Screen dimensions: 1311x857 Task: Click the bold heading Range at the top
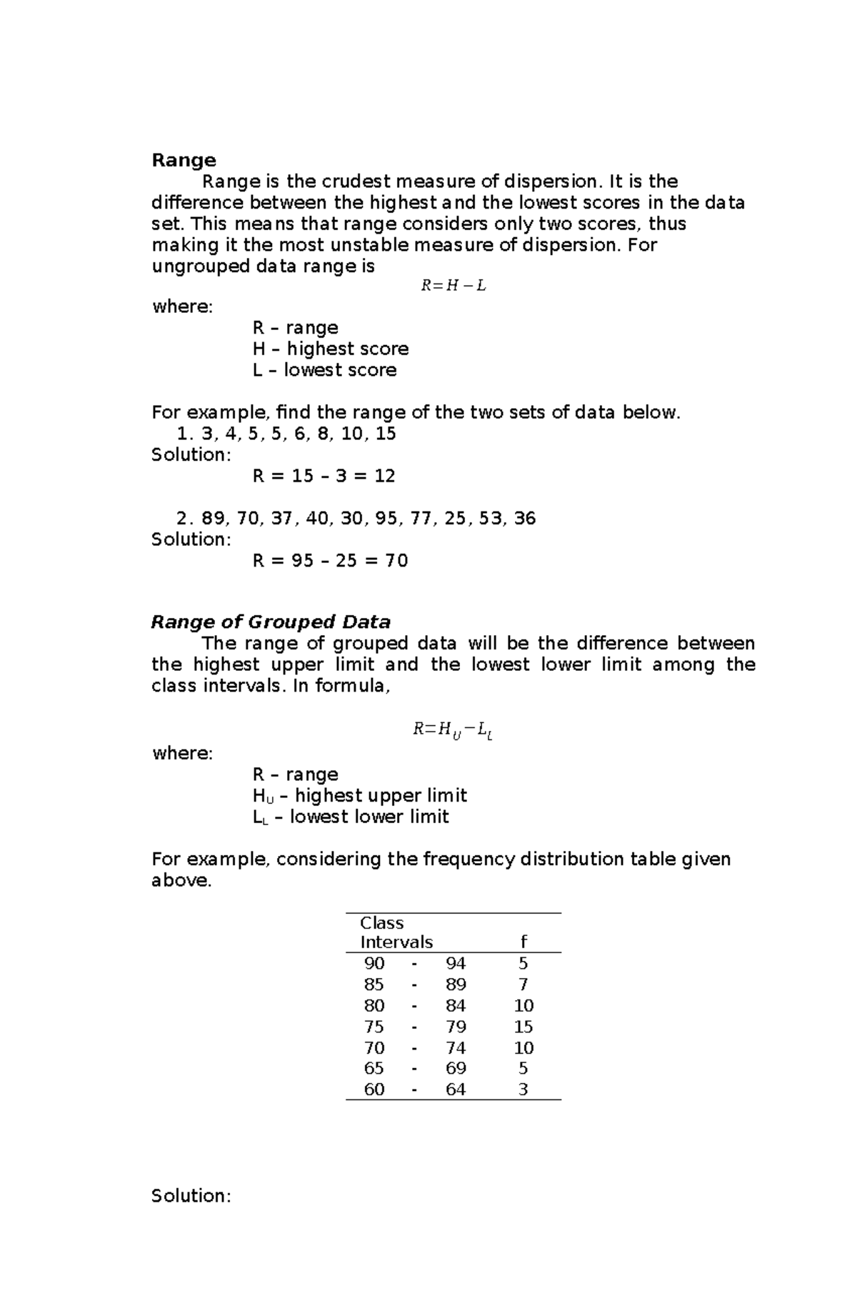pos(184,160)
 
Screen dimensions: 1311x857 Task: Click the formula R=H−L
pos(453,286)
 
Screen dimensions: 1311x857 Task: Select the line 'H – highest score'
pos(330,349)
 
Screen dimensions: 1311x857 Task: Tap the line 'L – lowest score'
pos(324,370)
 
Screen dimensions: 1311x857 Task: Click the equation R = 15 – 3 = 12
pos(324,476)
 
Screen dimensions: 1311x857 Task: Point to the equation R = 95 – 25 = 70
pos(330,561)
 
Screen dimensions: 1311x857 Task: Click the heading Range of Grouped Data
pos(271,622)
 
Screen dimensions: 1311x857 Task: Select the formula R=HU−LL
pos(453,730)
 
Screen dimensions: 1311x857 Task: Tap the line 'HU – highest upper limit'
pos(359,796)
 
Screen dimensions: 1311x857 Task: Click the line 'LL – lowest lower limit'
pos(350,817)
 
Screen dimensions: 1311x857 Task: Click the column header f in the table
pos(523,942)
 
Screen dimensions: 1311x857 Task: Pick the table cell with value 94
pos(456,964)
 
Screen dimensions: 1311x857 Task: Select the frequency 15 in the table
pos(523,1027)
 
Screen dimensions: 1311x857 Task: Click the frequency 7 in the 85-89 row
pos(523,985)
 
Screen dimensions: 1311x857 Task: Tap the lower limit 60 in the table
pos(374,1090)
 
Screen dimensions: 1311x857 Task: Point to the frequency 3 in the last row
pos(523,1090)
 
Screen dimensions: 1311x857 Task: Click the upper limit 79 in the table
pos(456,1027)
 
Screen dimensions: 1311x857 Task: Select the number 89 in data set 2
pos(213,519)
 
